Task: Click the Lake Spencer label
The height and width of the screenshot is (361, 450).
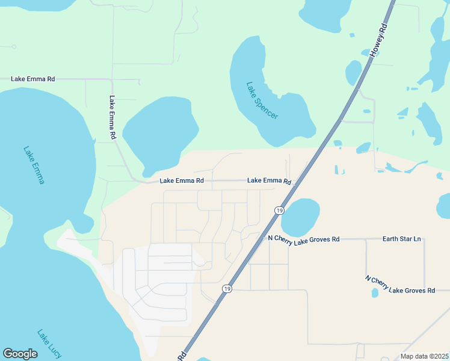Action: [x=262, y=100]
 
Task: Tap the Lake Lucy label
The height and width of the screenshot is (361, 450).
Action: [x=49, y=343]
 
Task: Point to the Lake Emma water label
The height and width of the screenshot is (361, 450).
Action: [x=34, y=165]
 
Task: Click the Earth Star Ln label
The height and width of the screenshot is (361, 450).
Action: [x=401, y=239]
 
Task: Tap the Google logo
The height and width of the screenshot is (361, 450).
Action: [x=20, y=354]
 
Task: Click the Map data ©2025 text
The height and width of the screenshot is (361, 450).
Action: [x=425, y=356]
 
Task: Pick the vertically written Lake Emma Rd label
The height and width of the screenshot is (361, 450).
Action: [x=112, y=118]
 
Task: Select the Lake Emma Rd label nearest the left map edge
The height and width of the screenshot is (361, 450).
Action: [x=33, y=79]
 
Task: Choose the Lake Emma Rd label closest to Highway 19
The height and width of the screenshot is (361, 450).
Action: [x=269, y=180]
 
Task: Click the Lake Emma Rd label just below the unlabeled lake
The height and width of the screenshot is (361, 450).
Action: [x=182, y=180]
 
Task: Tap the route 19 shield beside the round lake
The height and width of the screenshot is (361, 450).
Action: [x=279, y=210]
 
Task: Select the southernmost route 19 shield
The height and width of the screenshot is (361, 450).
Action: [x=227, y=289]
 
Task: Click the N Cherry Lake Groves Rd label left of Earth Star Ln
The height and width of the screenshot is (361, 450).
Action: [x=304, y=239]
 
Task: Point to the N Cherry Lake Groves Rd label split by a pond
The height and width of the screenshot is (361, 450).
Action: [x=400, y=285]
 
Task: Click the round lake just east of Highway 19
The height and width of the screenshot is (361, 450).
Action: [x=300, y=218]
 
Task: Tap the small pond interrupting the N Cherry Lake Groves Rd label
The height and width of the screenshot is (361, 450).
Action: [x=375, y=292]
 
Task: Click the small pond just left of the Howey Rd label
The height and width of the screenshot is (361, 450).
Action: [x=353, y=73]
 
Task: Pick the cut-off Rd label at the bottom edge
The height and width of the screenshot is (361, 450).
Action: [x=182, y=356]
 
